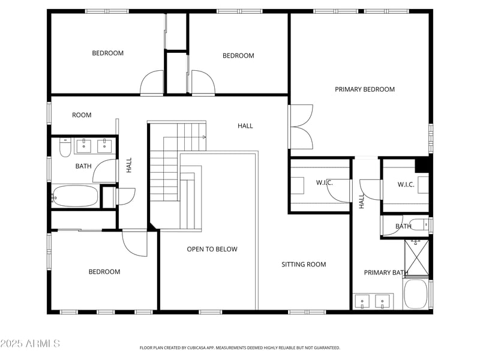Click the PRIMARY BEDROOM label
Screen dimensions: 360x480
365,89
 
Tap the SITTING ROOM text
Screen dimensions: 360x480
304,265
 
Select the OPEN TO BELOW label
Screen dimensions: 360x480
212,250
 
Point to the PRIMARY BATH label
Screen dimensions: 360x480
386,273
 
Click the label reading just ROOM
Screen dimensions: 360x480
82,115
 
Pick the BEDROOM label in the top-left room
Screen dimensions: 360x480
107,53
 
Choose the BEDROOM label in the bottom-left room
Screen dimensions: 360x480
104,272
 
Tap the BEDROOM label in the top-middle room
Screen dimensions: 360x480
238,56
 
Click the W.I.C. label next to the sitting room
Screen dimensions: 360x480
324,182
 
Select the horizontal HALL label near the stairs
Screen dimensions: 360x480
245,126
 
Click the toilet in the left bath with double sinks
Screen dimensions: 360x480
65,147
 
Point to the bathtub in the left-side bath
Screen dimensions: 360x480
76,196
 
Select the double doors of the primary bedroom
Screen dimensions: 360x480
301,127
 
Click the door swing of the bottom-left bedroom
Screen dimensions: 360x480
135,243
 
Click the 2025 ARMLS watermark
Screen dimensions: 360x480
30,343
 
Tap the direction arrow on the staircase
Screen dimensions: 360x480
204,137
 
